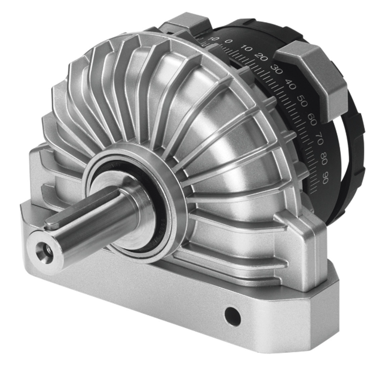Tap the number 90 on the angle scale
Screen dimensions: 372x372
point(325,179)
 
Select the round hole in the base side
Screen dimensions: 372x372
point(232,317)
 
